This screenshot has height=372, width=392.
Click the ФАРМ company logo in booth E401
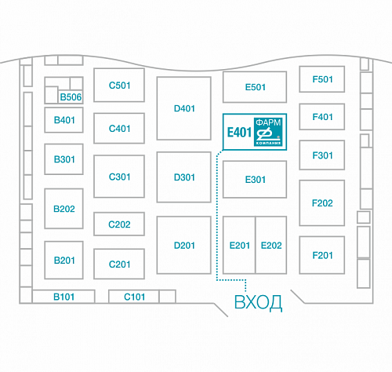coord(268,132)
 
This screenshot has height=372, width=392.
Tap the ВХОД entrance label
coord(258,303)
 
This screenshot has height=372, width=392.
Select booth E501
coord(255,87)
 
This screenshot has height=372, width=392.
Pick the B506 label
coord(71,97)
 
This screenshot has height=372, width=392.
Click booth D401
coord(184,108)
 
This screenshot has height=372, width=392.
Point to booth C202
coord(119,224)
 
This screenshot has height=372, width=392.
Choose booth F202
coord(322,203)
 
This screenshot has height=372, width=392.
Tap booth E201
coord(239,245)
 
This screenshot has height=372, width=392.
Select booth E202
coord(271,245)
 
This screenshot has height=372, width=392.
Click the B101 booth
coord(64,297)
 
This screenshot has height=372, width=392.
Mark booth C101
coord(134,297)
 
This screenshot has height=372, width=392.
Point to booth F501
coord(322,79)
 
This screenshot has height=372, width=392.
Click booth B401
coord(64,120)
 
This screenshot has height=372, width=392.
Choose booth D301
coord(184,177)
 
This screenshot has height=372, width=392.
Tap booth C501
coord(119,86)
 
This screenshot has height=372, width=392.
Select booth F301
coord(322,155)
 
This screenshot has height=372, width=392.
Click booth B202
coord(64,209)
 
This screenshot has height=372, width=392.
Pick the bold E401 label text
coord(239,132)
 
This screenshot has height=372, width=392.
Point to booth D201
coord(184,245)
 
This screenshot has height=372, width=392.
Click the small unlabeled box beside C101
coord(167,297)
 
